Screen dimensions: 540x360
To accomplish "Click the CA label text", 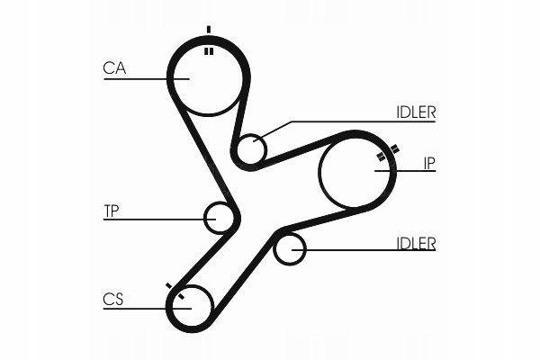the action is (x=113, y=67).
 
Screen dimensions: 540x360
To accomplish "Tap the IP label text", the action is (x=429, y=163).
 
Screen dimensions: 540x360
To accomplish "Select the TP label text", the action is (x=112, y=211).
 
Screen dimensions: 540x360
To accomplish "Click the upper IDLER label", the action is (x=416, y=112).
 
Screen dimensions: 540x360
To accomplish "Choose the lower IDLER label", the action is (x=416, y=243).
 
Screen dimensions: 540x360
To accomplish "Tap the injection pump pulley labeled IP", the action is (x=358, y=171).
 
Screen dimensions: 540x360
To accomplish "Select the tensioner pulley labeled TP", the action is (x=220, y=217).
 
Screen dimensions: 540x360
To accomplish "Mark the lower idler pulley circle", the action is (x=290, y=248).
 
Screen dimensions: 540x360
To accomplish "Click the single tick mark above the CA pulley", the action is (x=209, y=30).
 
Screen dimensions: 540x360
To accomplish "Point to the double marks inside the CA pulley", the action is (x=209, y=51).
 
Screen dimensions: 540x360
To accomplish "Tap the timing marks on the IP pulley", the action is (x=387, y=156).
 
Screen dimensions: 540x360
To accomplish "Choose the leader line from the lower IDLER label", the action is (x=369, y=250).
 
